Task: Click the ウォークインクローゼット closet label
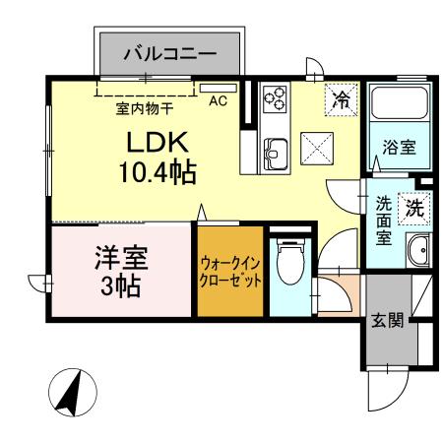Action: coord(230,272)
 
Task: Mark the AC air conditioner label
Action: coord(219,99)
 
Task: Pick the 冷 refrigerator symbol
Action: coord(340,98)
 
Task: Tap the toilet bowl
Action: coord(289,266)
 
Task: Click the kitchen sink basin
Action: coord(276,154)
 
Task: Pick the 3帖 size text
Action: coord(121,287)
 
